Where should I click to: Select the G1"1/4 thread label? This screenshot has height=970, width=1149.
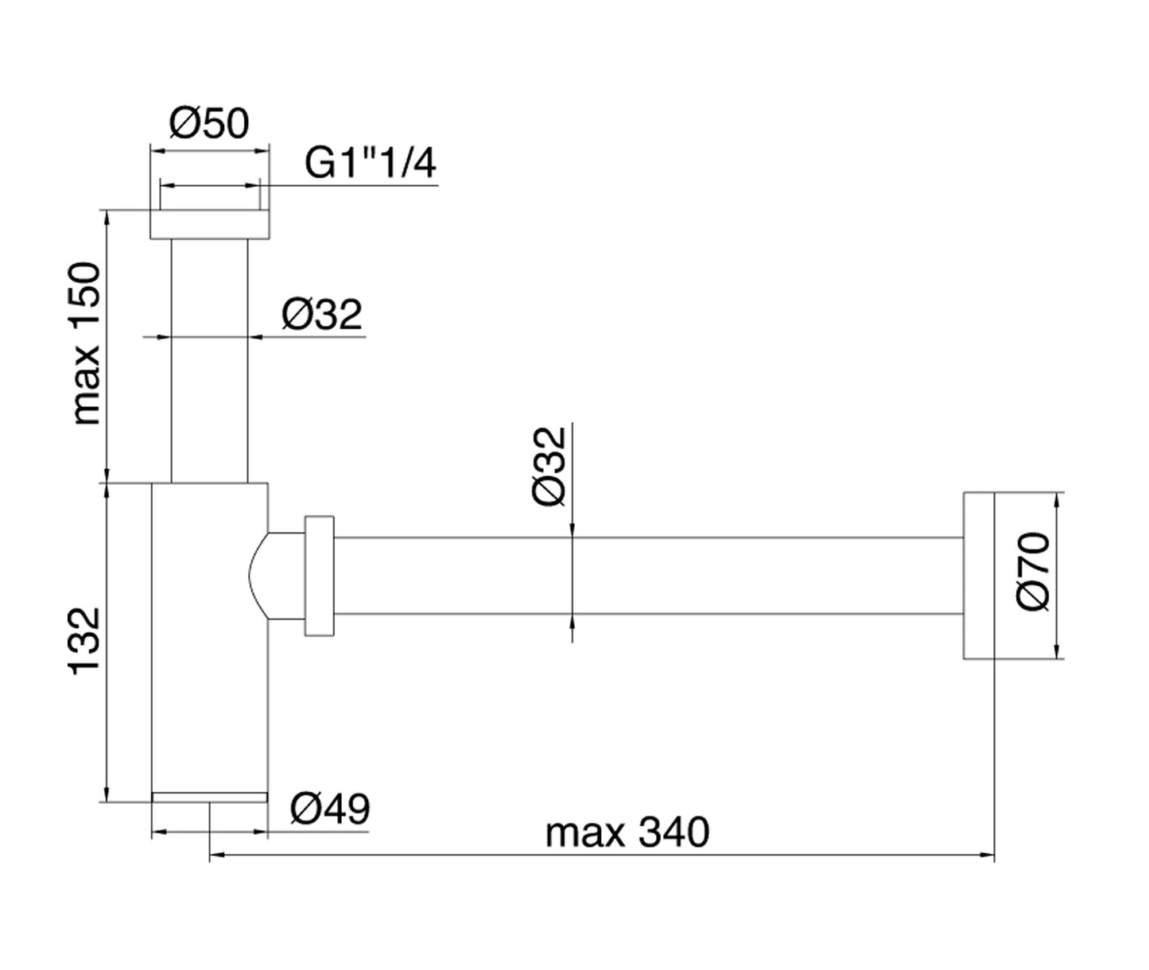pyautogui.click(x=371, y=165)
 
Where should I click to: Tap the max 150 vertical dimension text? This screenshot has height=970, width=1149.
pyautogui.click(x=88, y=343)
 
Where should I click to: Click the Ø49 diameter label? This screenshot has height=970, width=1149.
pyautogui.click(x=330, y=809)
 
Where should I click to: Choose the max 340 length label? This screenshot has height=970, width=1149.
pyautogui.click(x=627, y=834)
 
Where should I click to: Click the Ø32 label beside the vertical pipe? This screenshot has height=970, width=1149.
pyautogui.click(x=322, y=315)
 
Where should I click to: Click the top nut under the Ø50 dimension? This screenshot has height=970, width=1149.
pyautogui.click(x=210, y=225)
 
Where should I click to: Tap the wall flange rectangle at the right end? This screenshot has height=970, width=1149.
pyautogui.click(x=977, y=576)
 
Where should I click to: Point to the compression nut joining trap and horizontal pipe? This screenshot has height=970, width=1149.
pyautogui.click(x=318, y=576)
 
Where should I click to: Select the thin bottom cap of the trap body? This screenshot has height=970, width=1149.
pyautogui.click(x=210, y=797)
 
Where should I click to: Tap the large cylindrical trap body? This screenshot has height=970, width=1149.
pyautogui.click(x=210, y=636)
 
